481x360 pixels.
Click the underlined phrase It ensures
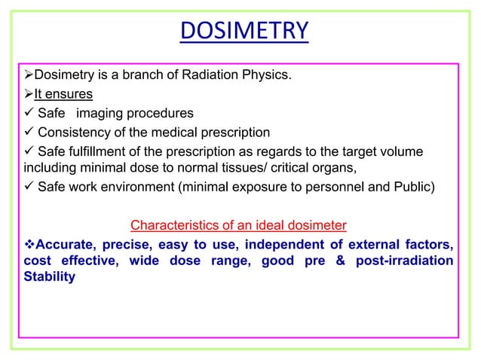63,94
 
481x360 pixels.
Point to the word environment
136,185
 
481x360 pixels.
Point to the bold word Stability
50,276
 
